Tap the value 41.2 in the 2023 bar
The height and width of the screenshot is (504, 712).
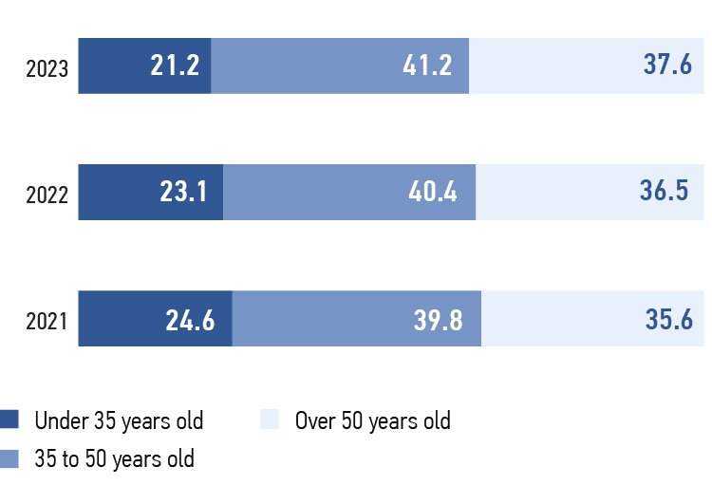point(426,66)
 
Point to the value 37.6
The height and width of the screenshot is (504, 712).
point(667,66)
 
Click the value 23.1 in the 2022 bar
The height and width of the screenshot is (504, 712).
point(185,193)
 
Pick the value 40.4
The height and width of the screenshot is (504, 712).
point(433,193)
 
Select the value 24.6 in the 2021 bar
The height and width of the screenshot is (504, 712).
point(192,320)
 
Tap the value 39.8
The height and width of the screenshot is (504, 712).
point(438,320)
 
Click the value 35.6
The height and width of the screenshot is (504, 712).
point(667,320)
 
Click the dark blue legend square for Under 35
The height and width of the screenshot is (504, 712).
point(9,420)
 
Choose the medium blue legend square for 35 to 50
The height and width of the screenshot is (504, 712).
point(9,459)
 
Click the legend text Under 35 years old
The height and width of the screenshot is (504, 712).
point(119,420)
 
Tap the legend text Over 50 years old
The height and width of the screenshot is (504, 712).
point(372,420)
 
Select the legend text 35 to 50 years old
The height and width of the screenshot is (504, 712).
point(114,459)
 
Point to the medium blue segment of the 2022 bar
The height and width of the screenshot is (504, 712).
point(313,193)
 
